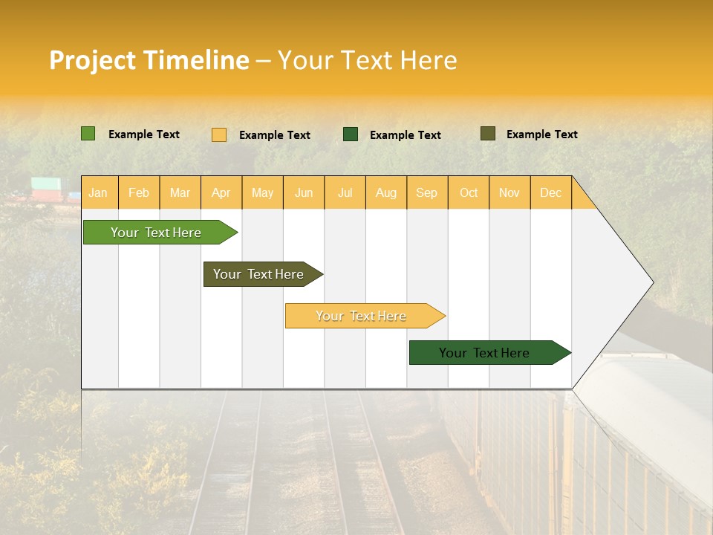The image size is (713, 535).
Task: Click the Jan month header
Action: [98, 192]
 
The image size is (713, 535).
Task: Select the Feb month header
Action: [139, 192]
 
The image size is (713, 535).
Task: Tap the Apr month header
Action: [221, 192]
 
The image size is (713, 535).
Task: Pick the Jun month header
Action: [304, 192]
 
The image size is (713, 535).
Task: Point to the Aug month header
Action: [385, 192]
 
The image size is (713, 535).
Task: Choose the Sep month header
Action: [427, 192]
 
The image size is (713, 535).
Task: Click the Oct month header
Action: [469, 192]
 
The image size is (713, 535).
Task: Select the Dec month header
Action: [550, 192]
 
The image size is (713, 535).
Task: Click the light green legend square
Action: [88, 134]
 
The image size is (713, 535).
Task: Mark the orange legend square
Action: [219, 134]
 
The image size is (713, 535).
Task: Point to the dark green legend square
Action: [351, 134]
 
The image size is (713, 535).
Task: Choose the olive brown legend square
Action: [488, 134]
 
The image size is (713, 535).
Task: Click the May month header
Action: [262, 192]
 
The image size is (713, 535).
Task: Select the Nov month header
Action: [509, 192]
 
